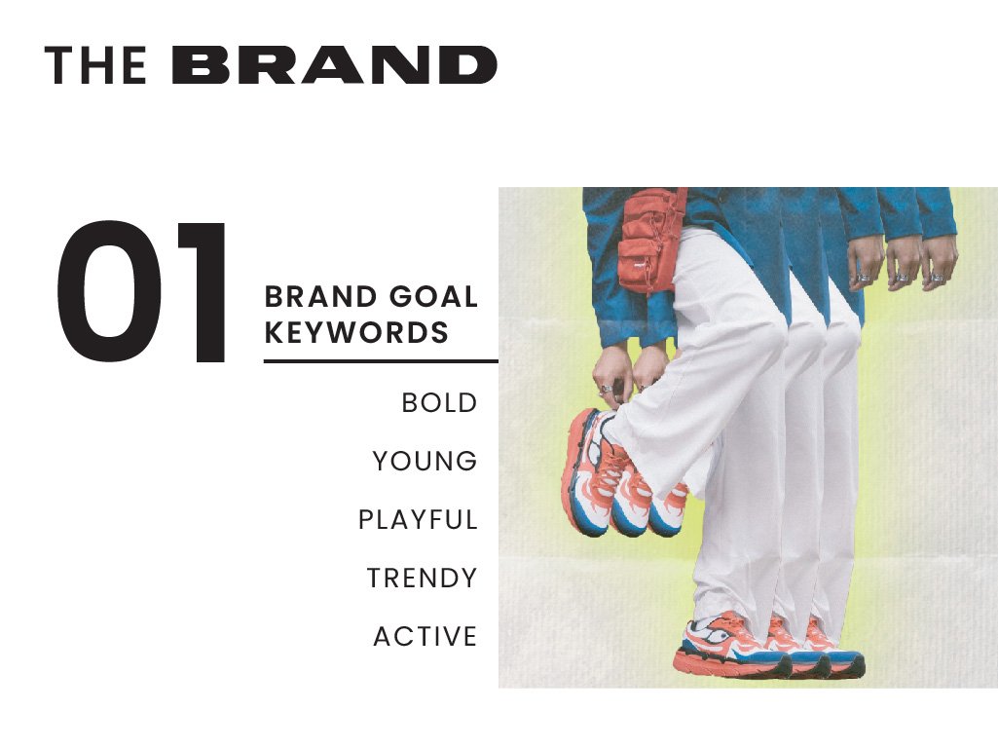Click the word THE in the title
coord(95,65)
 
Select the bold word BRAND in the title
coord(335,65)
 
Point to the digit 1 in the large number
coord(201,293)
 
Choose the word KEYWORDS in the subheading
coord(356,333)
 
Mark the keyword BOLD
coord(439,402)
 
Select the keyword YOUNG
coord(425,461)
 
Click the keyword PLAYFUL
coord(418,520)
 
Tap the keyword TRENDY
coord(422,579)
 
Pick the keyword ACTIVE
coord(425,637)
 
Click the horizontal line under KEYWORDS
coord(380,361)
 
